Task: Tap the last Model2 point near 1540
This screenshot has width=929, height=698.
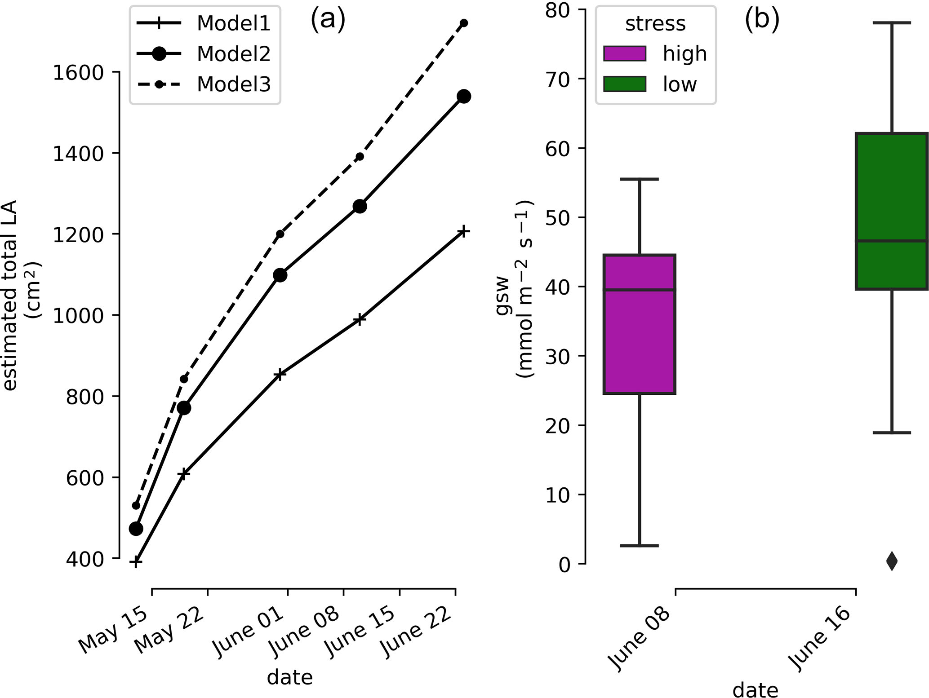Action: click(x=464, y=96)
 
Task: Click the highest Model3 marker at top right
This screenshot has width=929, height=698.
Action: click(x=464, y=23)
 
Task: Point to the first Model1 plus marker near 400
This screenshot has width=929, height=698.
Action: click(x=136, y=562)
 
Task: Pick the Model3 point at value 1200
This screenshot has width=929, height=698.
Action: click(x=280, y=234)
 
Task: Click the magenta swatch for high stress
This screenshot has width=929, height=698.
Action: click(x=625, y=53)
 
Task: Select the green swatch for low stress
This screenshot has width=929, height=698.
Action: click(x=625, y=84)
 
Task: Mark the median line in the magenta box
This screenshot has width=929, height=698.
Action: click(x=640, y=290)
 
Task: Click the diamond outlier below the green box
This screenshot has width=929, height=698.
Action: click(x=892, y=561)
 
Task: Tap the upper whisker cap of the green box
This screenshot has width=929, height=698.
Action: click(x=892, y=22)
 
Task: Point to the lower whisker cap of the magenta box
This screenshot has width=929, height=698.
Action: click(x=640, y=545)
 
